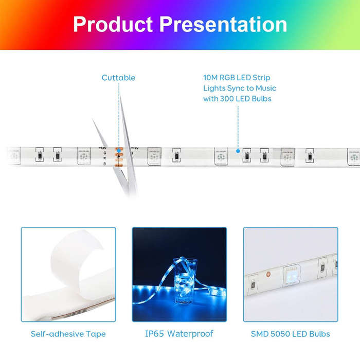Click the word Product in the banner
[x=113, y=24]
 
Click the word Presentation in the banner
[x=223, y=24]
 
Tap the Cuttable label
[x=118, y=78]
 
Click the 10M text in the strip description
[x=210, y=78]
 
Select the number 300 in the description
[x=227, y=99]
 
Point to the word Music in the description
[x=266, y=88]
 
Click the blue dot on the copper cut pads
[x=119, y=151]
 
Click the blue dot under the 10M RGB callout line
[x=238, y=151]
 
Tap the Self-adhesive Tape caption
[x=68, y=334]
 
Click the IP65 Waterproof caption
[x=179, y=334]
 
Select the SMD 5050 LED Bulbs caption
[x=291, y=334]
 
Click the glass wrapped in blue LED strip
[x=185, y=281]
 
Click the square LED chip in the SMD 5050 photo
[x=292, y=276]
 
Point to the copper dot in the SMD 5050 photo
[x=268, y=274]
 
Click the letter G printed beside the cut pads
[x=105, y=153]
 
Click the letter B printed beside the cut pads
[x=105, y=164]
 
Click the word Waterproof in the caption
[x=190, y=334]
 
